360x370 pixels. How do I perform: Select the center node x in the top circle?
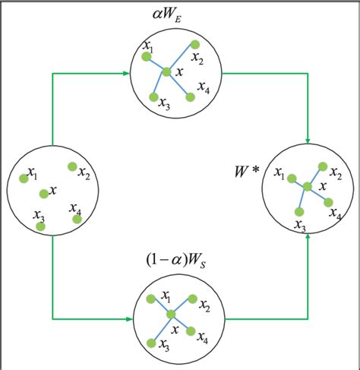[166, 72]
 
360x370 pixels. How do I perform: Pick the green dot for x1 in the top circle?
[146, 55]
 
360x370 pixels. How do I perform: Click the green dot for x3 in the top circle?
[153, 97]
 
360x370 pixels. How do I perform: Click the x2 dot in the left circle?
[71, 166]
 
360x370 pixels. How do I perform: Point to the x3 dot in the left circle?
[41, 226]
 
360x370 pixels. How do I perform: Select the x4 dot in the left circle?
[77, 219]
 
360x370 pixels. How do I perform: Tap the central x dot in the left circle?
[44, 194]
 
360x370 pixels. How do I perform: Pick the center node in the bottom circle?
[171, 315]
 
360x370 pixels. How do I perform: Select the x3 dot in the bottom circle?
[151, 343]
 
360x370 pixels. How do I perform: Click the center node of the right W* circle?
[307, 186]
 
